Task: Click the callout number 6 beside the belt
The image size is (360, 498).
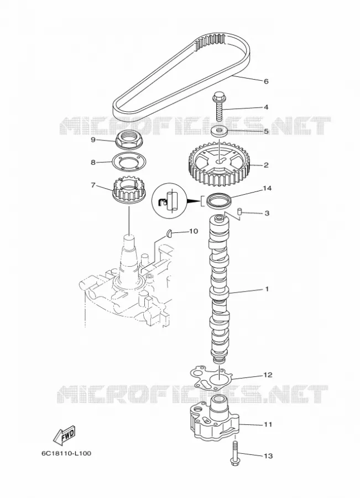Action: coord(266,81)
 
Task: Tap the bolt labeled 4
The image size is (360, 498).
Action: coord(219,106)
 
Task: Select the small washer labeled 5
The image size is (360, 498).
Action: coord(220,130)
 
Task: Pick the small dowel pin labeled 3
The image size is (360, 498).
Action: coord(241,211)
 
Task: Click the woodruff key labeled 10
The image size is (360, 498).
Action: coord(170,233)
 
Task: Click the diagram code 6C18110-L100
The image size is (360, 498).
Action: coord(66,453)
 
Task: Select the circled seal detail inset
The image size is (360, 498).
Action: coord(168,200)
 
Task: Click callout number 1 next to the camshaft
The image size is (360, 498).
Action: coord(267,289)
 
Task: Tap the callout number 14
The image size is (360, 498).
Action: coord(267,188)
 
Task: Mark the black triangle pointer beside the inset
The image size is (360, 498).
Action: coord(194,201)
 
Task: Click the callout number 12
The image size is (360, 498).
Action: coord(268,375)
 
